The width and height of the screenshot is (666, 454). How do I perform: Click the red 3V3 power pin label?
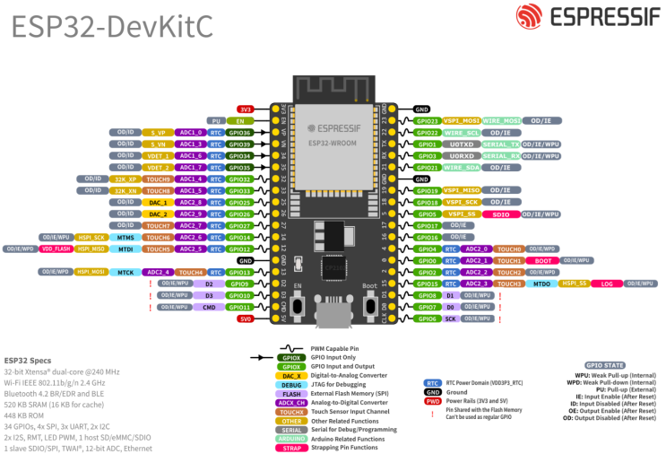246,109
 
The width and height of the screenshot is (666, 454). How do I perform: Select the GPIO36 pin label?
239,132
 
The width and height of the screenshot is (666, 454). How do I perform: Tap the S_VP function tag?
158,132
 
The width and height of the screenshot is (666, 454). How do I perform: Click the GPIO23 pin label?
427,120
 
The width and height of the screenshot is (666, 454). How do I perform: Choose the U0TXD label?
463,144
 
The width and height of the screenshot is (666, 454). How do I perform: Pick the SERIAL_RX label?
501,155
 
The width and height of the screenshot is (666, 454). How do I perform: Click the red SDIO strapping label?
501,214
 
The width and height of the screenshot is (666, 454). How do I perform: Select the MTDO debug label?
541,284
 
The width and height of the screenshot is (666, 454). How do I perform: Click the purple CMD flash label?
208,307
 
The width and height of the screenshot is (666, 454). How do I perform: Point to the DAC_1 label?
158,202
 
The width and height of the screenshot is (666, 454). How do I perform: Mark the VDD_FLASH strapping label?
56,249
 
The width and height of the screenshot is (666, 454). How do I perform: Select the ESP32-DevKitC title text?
112,27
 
